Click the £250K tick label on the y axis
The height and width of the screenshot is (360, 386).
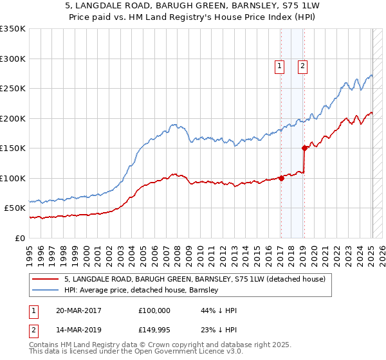[x=13, y=89]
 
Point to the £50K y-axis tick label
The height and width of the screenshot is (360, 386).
[x=15, y=208]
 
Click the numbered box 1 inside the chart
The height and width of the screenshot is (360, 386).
[x=280, y=65]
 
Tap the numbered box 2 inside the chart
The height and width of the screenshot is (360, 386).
[x=302, y=65]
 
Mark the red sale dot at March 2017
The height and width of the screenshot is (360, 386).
[x=281, y=179]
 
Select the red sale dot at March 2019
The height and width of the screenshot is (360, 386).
[x=304, y=148]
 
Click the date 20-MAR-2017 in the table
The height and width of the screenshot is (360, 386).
[x=78, y=310]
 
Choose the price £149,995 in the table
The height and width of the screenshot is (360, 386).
[x=154, y=330]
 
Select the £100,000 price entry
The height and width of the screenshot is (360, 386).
[x=154, y=310]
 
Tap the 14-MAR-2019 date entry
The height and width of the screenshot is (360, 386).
[x=78, y=330]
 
